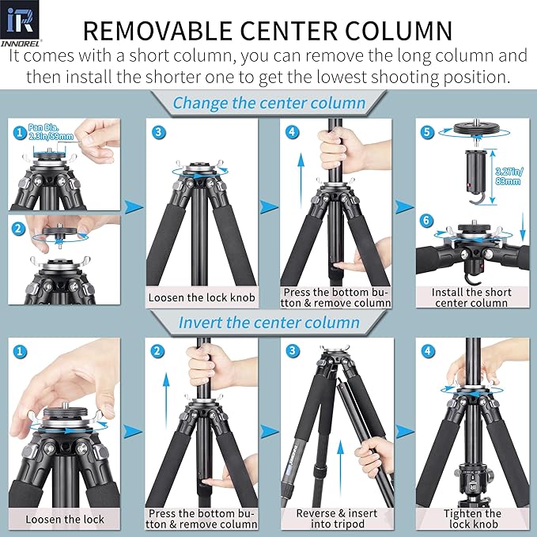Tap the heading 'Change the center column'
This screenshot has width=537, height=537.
coord(269,103)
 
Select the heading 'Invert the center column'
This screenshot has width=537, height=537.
coord(269,323)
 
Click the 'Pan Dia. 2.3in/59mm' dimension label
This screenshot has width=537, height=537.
coord(52,130)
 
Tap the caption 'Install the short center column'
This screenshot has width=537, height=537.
coord(471,297)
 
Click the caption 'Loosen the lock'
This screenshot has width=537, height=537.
coord(64,519)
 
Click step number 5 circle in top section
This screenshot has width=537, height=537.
coord(427,133)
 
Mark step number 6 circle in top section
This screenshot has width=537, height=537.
coord(427,221)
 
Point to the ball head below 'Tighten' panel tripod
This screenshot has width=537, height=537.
coord(472,482)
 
